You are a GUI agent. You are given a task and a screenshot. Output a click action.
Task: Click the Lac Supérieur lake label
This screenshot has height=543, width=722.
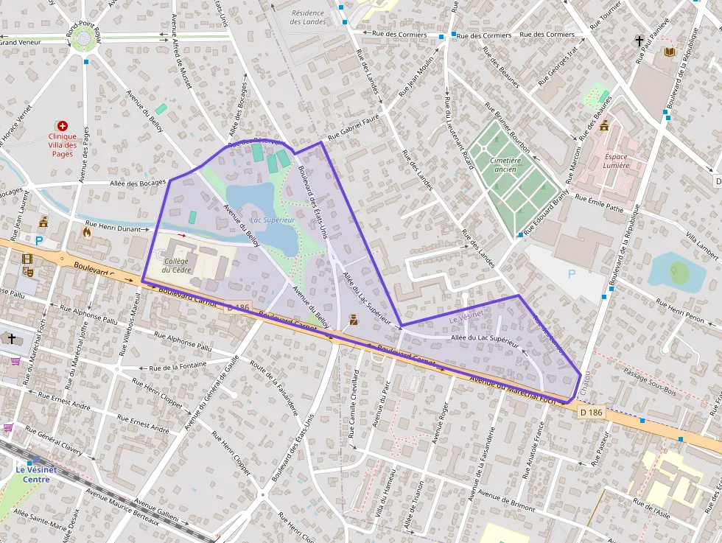[x=273, y=220]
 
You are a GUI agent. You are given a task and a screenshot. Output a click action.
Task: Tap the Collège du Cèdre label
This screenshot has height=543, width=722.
[x=177, y=265]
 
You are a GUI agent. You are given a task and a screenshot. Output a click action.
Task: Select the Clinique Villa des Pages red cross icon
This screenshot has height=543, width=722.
[x=63, y=127]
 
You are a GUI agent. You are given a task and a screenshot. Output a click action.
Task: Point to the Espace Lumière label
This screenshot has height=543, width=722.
[x=616, y=161]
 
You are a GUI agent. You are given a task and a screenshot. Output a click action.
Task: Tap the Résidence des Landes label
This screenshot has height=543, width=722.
[x=308, y=17]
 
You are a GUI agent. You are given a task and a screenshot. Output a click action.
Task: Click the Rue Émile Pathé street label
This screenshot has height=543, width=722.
[x=599, y=204]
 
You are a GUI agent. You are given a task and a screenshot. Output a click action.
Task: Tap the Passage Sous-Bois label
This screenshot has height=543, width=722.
[x=649, y=376]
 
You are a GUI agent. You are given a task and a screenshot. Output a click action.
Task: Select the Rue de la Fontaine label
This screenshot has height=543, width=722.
[x=178, y=367]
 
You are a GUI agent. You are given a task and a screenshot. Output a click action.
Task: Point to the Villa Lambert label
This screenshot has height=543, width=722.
[x=701, y=245]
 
